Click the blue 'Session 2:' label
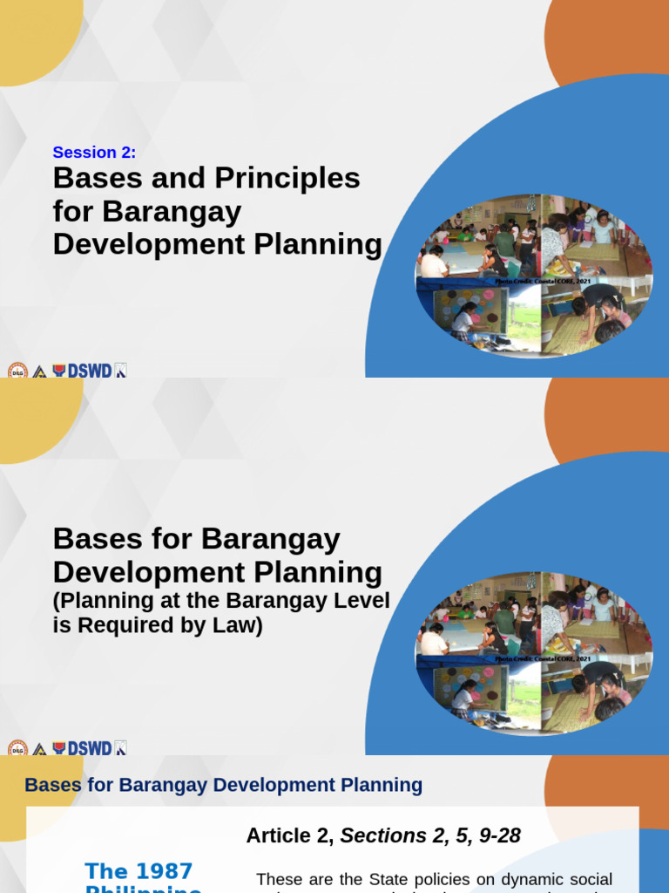pyautogui.click(x=94, y=153)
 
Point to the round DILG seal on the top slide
pyautogui.click(x=17, y=371)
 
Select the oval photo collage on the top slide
pyautogui.click(x=533, y=275)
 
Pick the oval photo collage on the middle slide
pyautogui.click(x=533, y=652)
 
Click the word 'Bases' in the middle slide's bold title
pyautogui.click(x=93, y=539)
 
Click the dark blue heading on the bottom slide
pyautogui.click(x=223, y=785)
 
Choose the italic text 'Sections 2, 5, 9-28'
pyautogui.click(x=430, y=835)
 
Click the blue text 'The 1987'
pyautogui.click(x=139, y=871)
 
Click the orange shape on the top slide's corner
pyautogui.click(x=610, y=35)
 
